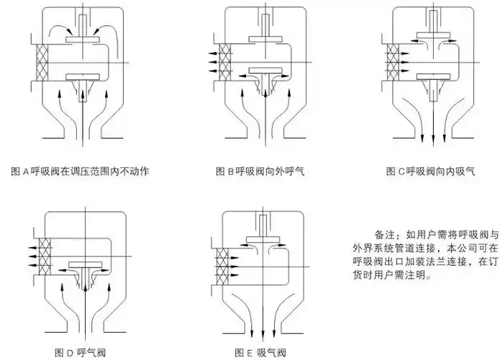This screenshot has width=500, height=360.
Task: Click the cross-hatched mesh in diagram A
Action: point(40,63)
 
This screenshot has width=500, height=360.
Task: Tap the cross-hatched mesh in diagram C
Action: point(393,60)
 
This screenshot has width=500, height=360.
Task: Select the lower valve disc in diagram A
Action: point(85,76)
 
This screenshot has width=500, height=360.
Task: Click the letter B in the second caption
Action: point(232,171)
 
